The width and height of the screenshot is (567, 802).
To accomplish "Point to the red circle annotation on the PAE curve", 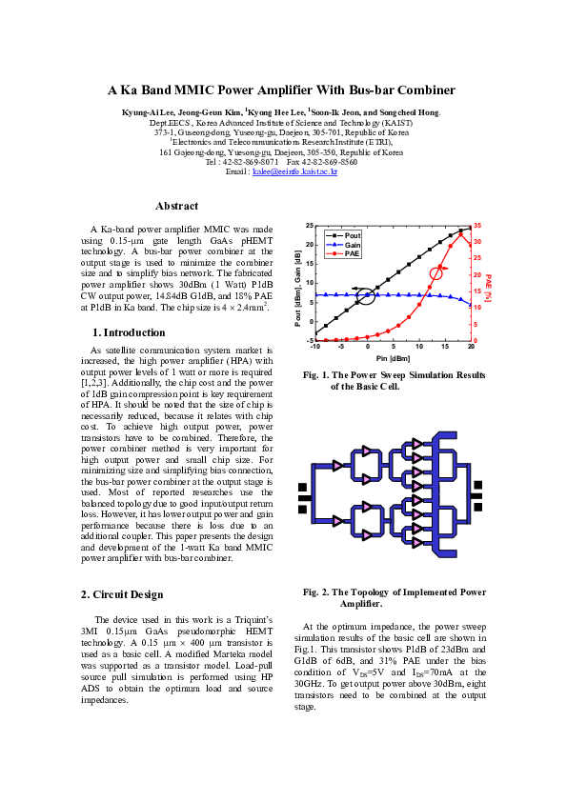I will [437, 273].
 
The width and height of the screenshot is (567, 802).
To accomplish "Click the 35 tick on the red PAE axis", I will [477, 225].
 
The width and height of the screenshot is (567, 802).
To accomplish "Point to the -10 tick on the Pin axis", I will [315, 348].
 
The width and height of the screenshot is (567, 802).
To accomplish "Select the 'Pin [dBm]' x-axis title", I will [393, 358].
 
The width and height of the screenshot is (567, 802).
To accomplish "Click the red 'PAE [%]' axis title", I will [488, 282].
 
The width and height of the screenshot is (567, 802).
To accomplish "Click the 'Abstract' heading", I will [176, 206].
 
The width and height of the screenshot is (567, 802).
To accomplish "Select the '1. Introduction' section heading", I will [128, 332].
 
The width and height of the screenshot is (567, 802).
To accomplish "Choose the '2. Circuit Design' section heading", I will [123, 594].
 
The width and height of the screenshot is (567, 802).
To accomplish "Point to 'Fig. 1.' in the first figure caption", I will [316, 375].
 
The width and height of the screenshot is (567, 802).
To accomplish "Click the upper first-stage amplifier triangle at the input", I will [337, 465].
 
